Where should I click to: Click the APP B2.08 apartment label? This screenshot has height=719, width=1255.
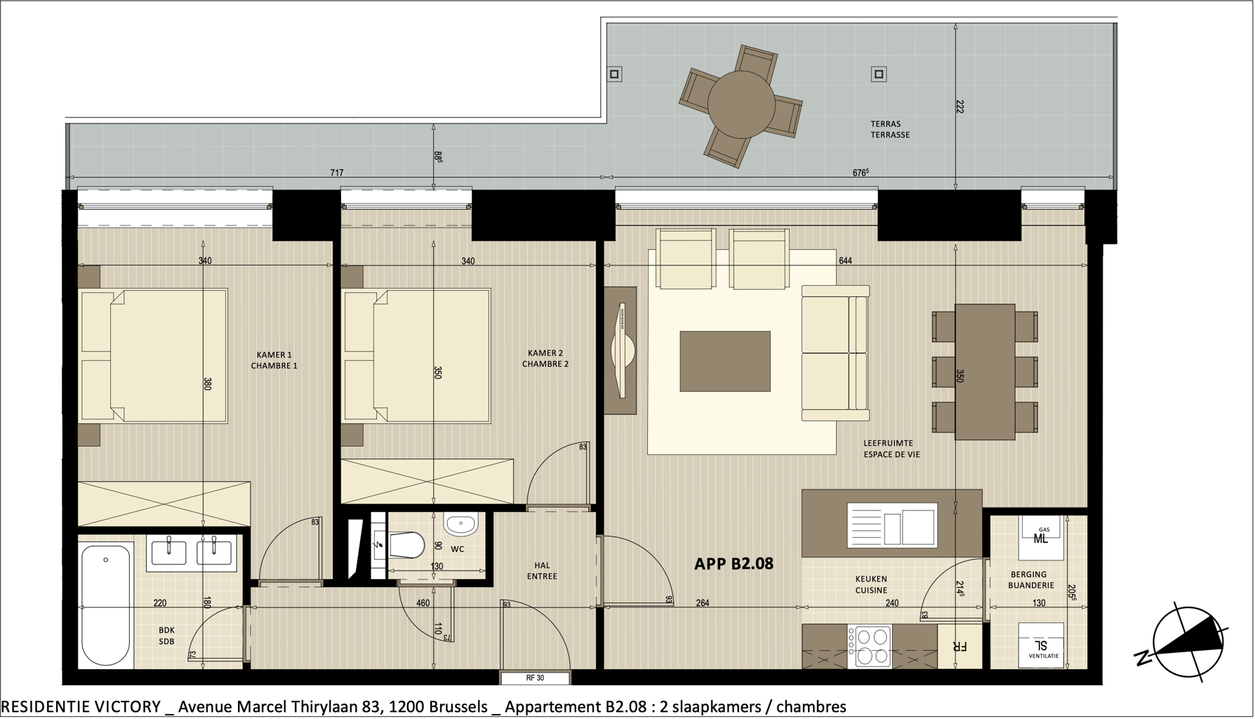[733, 564]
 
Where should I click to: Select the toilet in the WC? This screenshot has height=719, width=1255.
[406, 545]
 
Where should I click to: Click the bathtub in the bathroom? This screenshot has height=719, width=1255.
[106, 605]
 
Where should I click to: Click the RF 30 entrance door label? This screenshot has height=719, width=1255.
[535, 678]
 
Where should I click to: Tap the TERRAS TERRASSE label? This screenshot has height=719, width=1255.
[890, 129]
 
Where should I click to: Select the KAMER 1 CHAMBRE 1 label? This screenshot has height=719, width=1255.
[274, 360]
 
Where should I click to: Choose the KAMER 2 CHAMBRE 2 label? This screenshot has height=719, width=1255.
[545, 359]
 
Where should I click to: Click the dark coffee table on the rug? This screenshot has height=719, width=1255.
[725, 362]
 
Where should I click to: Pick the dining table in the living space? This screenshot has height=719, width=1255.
[985, 371]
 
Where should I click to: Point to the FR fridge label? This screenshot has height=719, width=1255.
[959, 647]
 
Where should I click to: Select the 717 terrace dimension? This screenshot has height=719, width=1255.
[337, 173]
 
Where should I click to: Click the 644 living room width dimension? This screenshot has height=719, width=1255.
[845, 260]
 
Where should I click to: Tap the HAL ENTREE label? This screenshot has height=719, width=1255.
[542, 571]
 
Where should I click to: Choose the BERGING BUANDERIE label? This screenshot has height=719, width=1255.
[1030, 580]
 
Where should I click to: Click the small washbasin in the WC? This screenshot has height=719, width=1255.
[460, 524]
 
